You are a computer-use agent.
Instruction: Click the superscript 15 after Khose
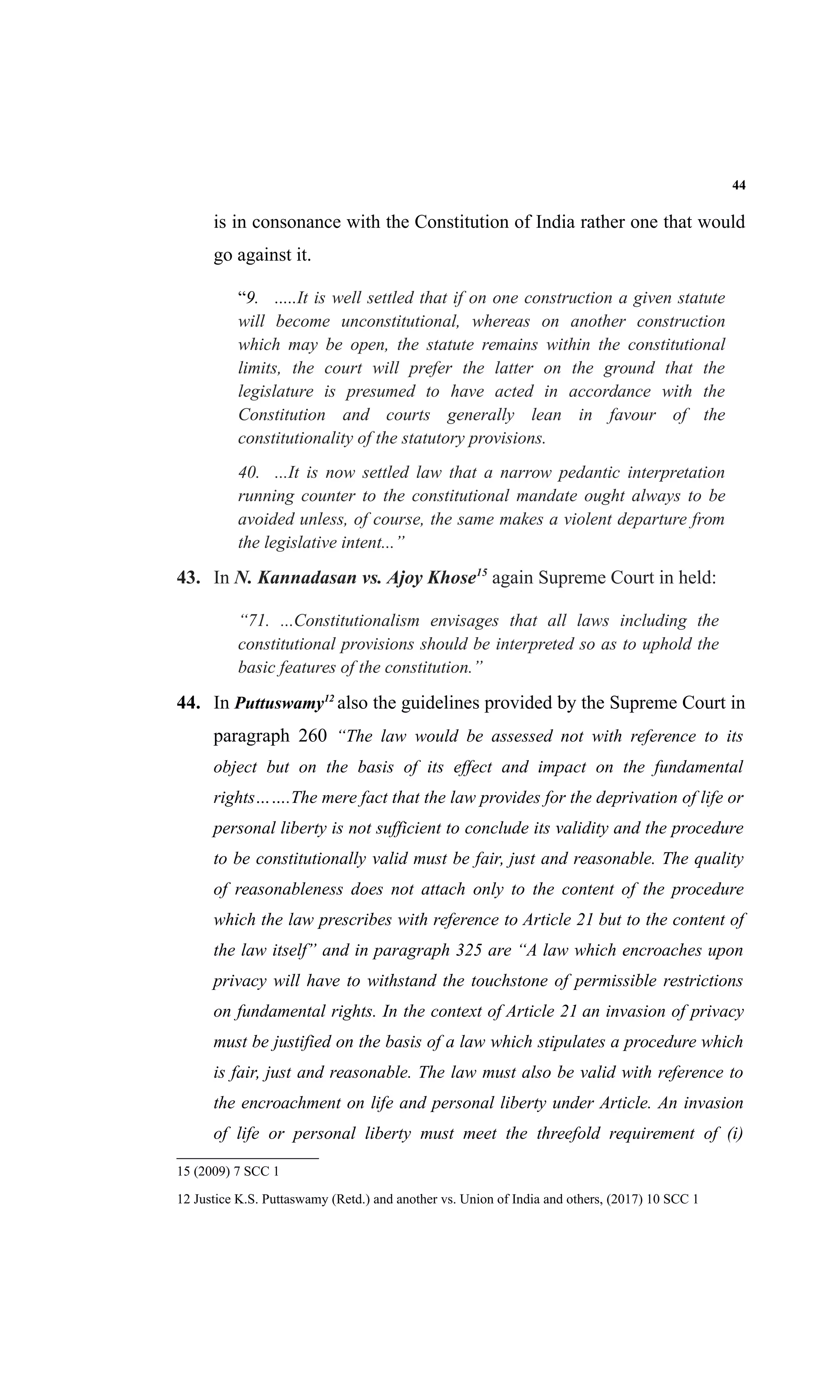pyautogui.click(x=482, y=572)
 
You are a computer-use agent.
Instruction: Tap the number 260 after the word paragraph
pyautogui.click(x=313, y=736)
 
